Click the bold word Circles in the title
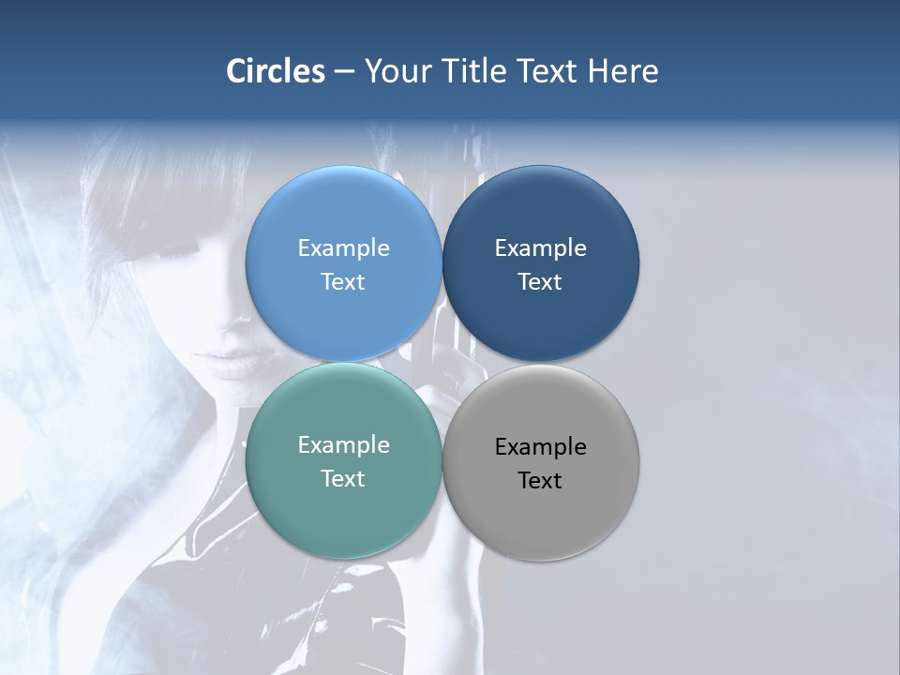276,71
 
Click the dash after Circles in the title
344,72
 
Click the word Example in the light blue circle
343,247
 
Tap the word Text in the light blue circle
343,281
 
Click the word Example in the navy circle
540,247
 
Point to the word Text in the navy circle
540,281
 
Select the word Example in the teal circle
343,444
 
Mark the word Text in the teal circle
343,478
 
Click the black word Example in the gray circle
540,446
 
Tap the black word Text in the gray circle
540,480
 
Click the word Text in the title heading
545,71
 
